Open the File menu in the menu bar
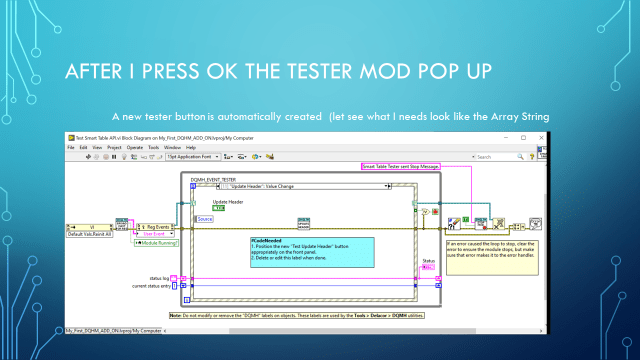click(x=72, y=147)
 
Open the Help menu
click(x=190, y=147)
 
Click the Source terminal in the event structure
click(x=205, y=219)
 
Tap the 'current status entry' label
click(x=145, y=288)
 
